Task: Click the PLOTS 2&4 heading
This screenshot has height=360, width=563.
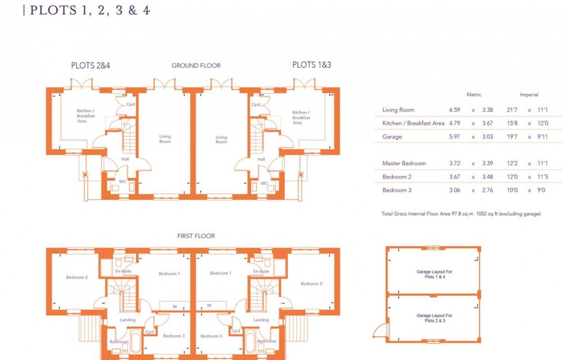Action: (x=90, y=65)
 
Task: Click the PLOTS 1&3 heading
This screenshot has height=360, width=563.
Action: (x=311, y=65)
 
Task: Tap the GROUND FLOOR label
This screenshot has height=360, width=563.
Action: (x=196, y=66)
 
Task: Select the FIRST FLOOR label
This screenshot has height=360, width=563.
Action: (x=196, y=236)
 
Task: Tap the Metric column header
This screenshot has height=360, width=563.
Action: (x=474, y=95)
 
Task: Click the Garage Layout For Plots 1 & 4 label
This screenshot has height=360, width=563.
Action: (x=434, y=274)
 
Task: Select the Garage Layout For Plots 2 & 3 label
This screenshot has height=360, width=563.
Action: (x=434, y=318)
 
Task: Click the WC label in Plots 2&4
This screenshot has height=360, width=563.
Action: (x=122, y=183)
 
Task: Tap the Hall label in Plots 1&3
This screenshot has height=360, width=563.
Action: (x=261, y=159)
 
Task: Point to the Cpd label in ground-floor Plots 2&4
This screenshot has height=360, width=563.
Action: (x=130, y=104)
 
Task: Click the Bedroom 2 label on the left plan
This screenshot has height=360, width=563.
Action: (x=76, y=277)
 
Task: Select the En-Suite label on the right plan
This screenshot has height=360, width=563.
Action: (x=261, y=271)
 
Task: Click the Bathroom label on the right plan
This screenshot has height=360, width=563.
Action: (x=267, y=342)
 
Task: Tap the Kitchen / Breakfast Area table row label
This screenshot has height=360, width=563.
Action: (x=413, y=123)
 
